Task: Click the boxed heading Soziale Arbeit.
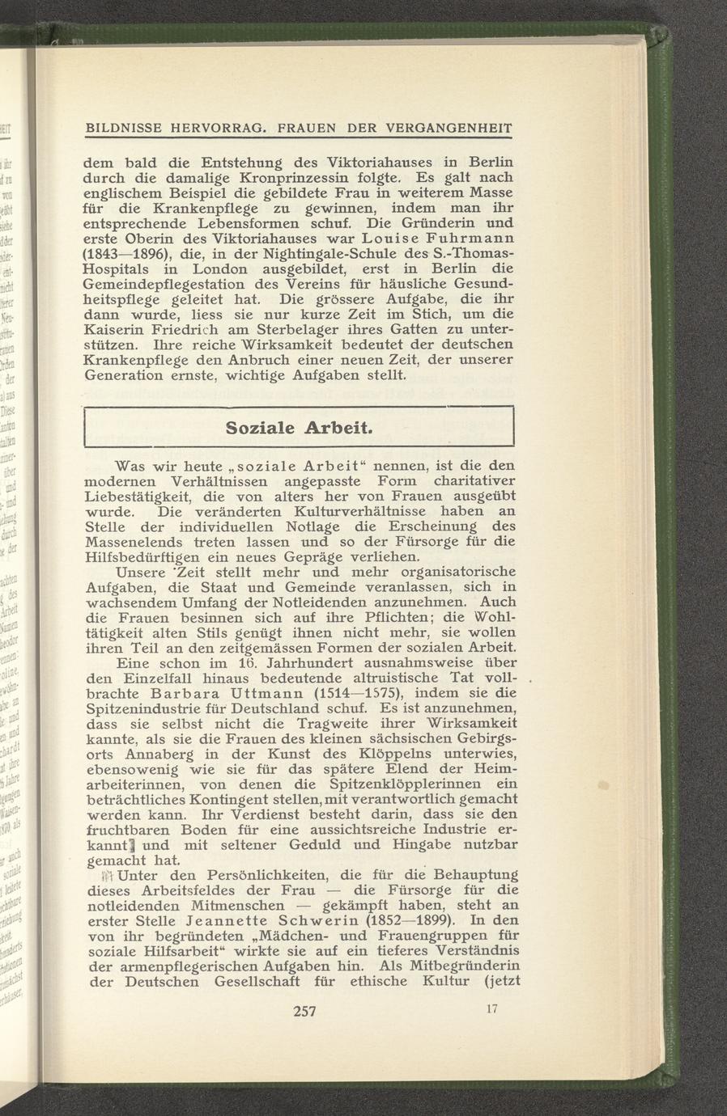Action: pyautogui.click(x=300, y=427)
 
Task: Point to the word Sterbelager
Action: pyautogui.click(x=271, y=330)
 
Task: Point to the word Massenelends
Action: pyautogui.click(x=138, y=542)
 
